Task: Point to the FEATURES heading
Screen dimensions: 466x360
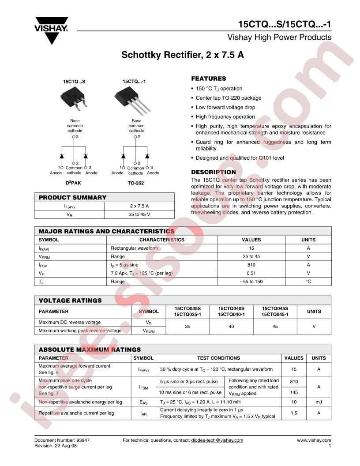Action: point(208,79)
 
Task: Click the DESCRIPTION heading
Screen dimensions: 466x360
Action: point(213,172)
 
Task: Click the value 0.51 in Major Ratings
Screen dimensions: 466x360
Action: point(251,273)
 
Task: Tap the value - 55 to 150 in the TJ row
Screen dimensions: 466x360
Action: point(251,282)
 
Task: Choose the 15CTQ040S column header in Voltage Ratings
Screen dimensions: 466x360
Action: point(231,308)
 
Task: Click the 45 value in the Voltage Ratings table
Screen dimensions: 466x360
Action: point(275,327)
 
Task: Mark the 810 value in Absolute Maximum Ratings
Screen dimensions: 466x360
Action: point(294,381)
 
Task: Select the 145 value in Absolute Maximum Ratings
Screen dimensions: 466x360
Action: point(294,392)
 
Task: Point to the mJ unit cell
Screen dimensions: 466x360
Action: point(319,402)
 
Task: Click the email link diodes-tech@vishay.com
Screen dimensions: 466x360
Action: point(217,440)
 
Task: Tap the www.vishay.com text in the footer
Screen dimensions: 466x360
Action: point(314,440)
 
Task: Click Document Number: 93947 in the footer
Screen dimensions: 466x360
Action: point(59,440)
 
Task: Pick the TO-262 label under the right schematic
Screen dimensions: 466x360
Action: point(136,182)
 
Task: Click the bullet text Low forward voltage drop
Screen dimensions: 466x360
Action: point(225,107)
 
